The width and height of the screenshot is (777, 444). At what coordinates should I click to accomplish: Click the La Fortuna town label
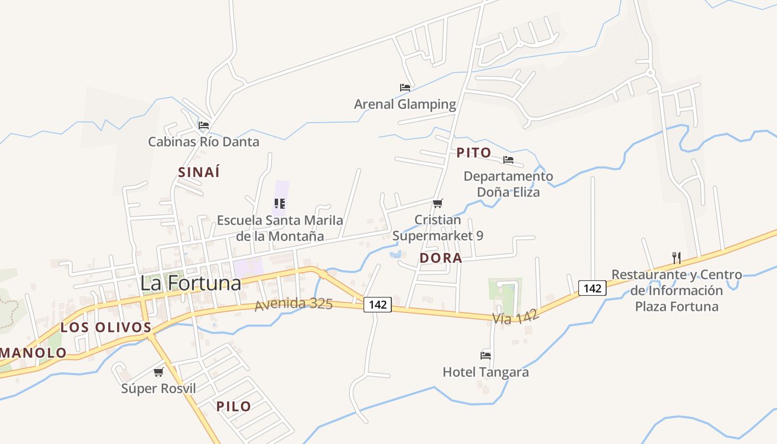tap(190, 283)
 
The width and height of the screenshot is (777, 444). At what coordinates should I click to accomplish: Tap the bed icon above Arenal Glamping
tap(405, 88)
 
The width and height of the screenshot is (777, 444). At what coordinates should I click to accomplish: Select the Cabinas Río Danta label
tap(203, 142)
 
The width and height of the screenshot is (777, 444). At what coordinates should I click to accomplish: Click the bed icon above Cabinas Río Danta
tap(204, 125)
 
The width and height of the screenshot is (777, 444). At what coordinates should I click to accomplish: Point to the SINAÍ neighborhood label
tap(199, 173)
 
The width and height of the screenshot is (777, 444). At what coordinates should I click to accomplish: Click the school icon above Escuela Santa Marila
tap(280, 204)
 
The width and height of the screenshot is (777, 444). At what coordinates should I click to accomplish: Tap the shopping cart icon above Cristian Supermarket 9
tap(438, 203)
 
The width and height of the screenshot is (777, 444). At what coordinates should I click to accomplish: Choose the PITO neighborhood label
tap(474, 153)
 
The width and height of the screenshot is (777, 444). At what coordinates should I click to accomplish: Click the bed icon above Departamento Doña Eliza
tap(508, 160)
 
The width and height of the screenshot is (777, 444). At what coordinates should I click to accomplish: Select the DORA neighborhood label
tap(441, 258)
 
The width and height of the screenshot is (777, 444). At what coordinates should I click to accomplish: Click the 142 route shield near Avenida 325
tap(378, 304)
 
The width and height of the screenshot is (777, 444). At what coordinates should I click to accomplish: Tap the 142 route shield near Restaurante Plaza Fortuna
tap(592, 288)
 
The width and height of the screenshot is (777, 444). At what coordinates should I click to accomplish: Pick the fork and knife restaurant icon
tap(676, 258)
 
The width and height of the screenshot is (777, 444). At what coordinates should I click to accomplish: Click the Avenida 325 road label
tap(294, 304)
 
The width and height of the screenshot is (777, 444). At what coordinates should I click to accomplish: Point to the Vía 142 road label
tap(516, 317)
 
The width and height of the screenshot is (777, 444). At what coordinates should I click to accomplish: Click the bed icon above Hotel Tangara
tap(486, 355)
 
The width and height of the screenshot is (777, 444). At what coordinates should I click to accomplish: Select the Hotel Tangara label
tap(486, 372)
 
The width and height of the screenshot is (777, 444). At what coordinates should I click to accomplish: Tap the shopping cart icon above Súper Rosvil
tap(159, 372)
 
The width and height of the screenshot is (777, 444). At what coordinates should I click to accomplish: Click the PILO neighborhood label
tap(234, 406)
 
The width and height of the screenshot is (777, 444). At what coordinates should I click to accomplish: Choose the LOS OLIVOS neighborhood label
tap(106, 327)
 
